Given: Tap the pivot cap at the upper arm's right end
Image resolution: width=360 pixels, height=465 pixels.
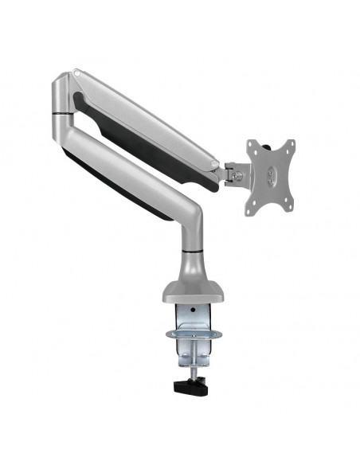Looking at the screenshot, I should point(214,166).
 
